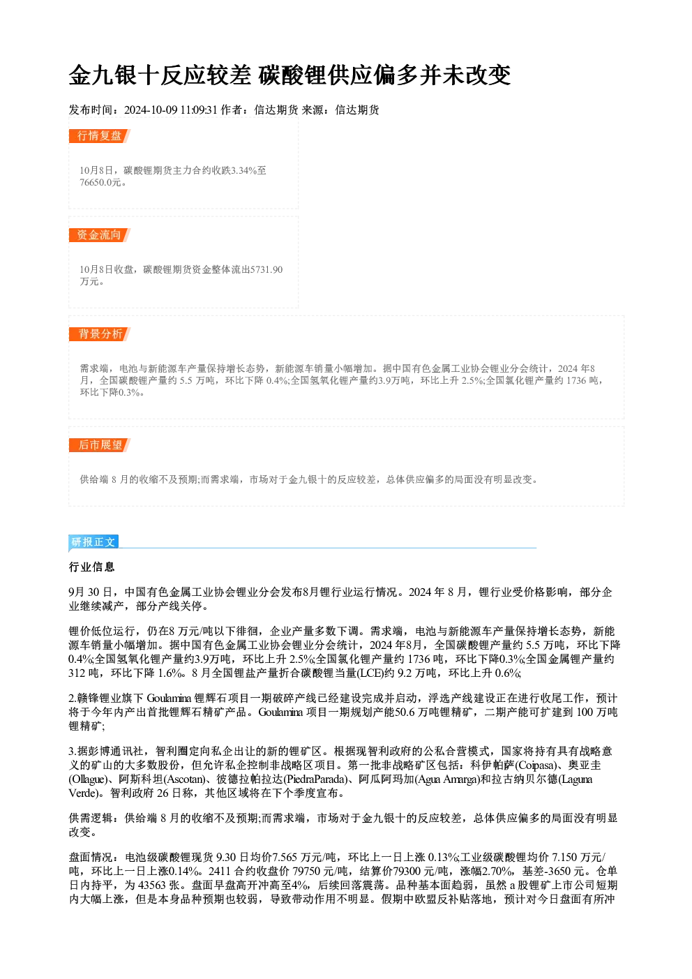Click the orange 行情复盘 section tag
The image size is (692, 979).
point(100,136)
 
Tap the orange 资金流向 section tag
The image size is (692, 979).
point(100,235)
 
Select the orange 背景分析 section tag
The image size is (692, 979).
point(100,334)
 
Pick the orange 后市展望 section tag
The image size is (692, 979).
point(100,445)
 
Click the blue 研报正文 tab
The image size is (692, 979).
point(93,542)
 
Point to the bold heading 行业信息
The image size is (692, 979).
point(92,567)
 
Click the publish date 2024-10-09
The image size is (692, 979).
point(151,110)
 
